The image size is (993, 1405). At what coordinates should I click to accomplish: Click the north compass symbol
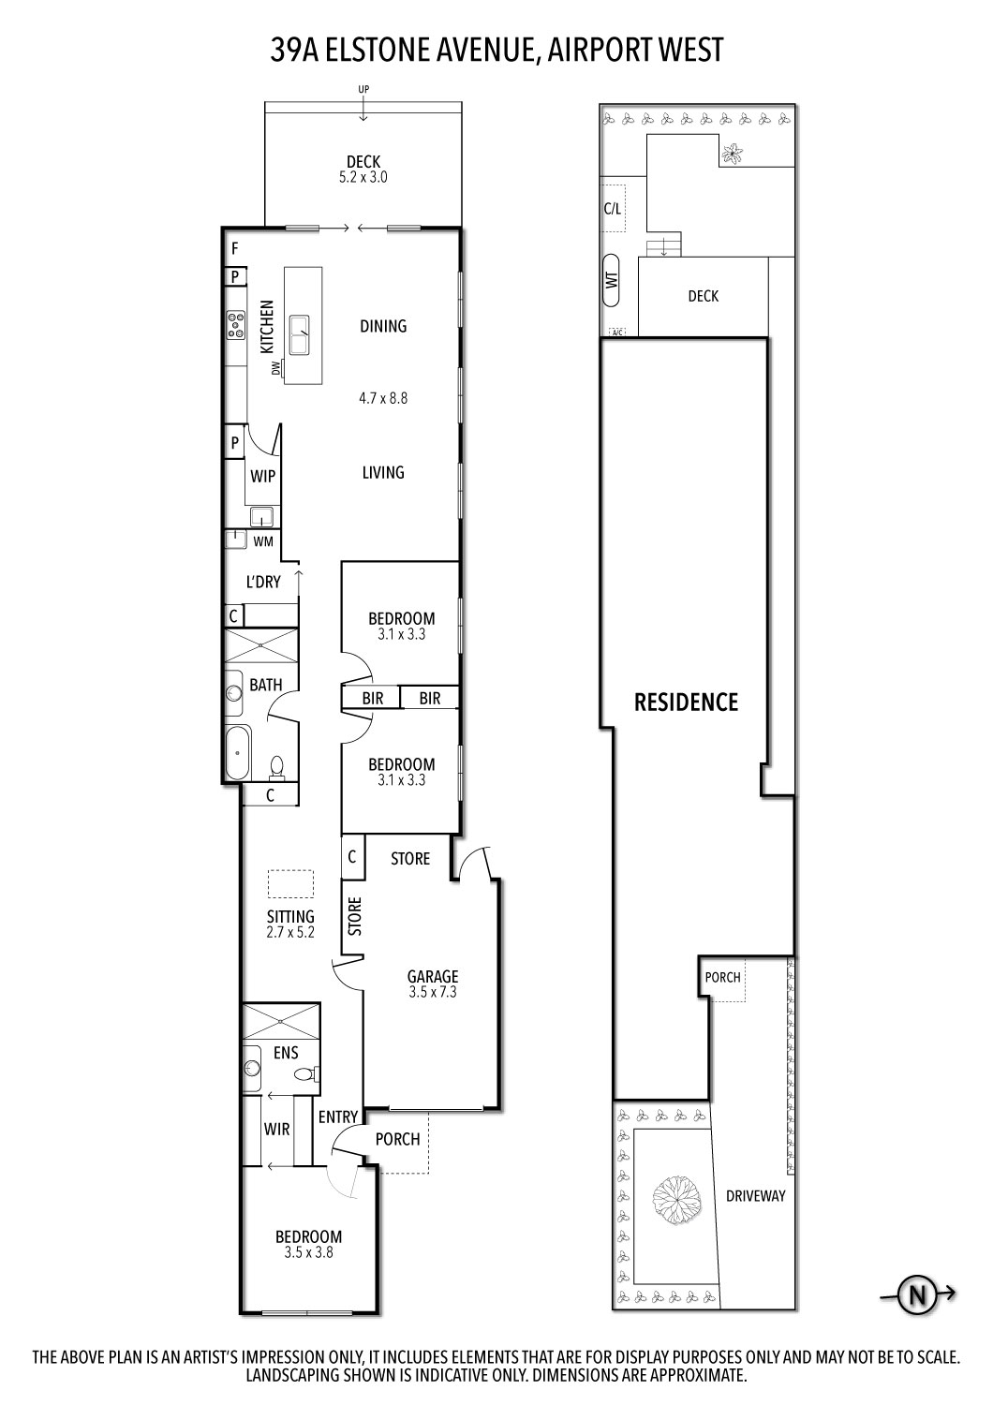click(x=917, y=1295)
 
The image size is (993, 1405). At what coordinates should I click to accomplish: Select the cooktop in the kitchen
click(x=234, y=325)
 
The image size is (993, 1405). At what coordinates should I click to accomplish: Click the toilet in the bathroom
click(x=277, y=768)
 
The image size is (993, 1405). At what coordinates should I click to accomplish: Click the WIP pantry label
click(x=263, y=476)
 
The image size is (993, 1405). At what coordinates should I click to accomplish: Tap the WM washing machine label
click(x=263, y=541)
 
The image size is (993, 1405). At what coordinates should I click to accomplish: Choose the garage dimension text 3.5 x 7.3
click(x=433, y=992)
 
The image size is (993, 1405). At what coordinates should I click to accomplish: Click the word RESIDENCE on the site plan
click(x=687, y=702)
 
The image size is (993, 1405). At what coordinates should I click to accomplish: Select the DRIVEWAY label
click(x=755, y=1196)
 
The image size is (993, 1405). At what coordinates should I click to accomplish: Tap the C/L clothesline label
click(x=612, y=209)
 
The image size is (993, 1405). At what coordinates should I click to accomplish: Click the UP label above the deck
click(x=363, y=89)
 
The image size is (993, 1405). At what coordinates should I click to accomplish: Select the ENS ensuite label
click(x=286, y=1053)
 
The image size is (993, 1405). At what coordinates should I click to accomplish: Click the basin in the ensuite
click(x=251, y=1068)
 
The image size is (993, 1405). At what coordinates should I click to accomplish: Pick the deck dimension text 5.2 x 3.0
click(x=363, y=176)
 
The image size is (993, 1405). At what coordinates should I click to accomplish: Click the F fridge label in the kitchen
click(x=235, y=248)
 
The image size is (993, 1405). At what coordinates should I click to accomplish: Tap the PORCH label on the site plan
click(x=723, y=977)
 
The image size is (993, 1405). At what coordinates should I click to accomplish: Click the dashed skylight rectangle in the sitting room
click(x=290, y=884)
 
